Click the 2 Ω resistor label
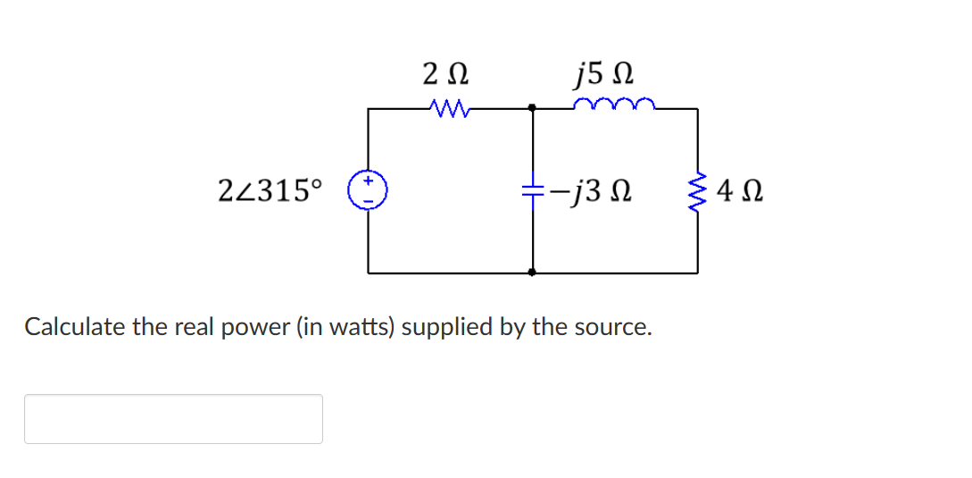click(445, 71)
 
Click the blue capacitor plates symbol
click(533, 190)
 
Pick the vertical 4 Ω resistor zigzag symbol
click(697, 189)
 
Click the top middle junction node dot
click(533, 108)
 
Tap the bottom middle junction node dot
click(533, 272)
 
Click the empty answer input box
click(173, 418)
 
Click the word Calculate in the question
click(75, 327)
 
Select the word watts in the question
click(359, 327)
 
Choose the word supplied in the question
click(447, 327)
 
